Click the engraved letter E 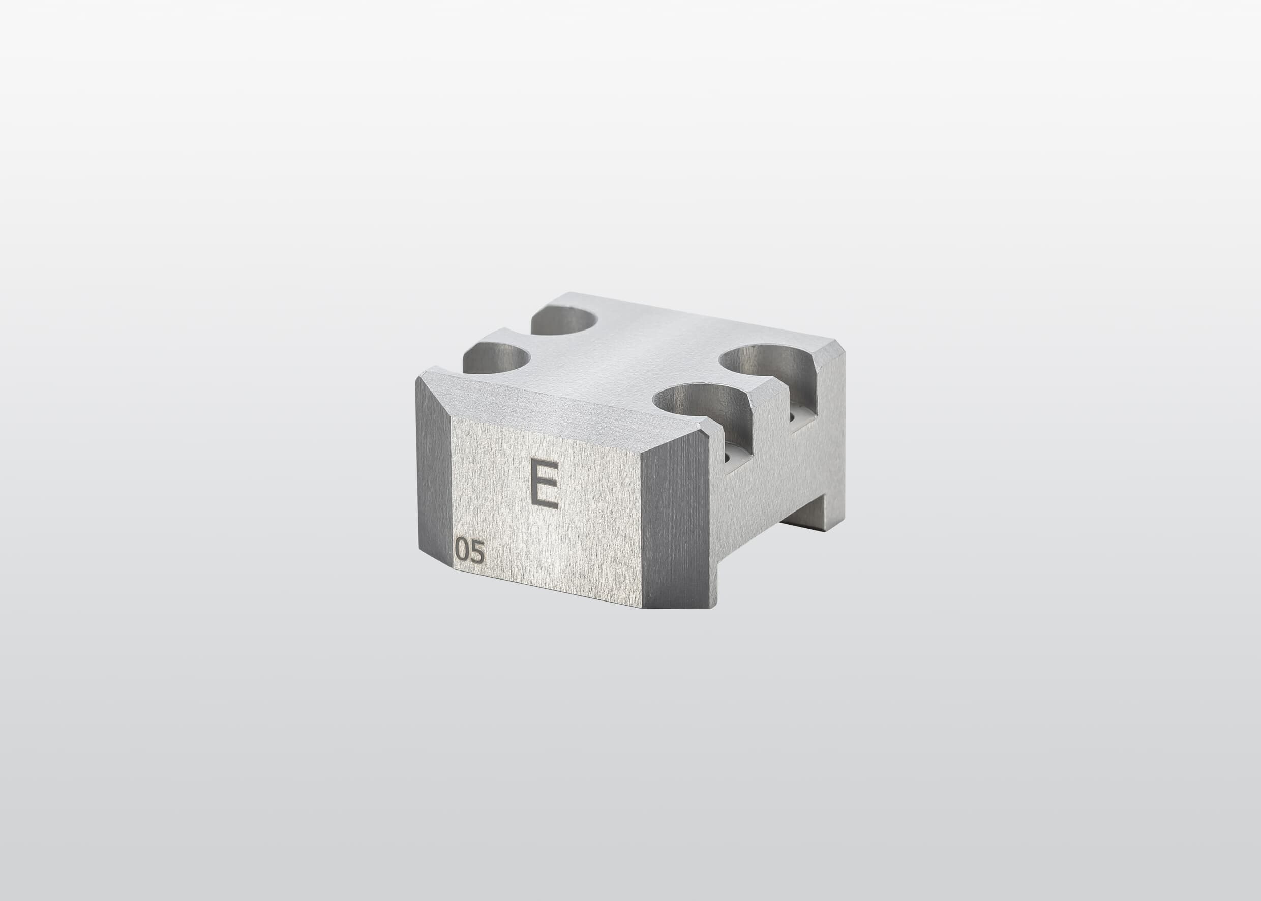tap(544, 483)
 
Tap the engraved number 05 tap(470, 551)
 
